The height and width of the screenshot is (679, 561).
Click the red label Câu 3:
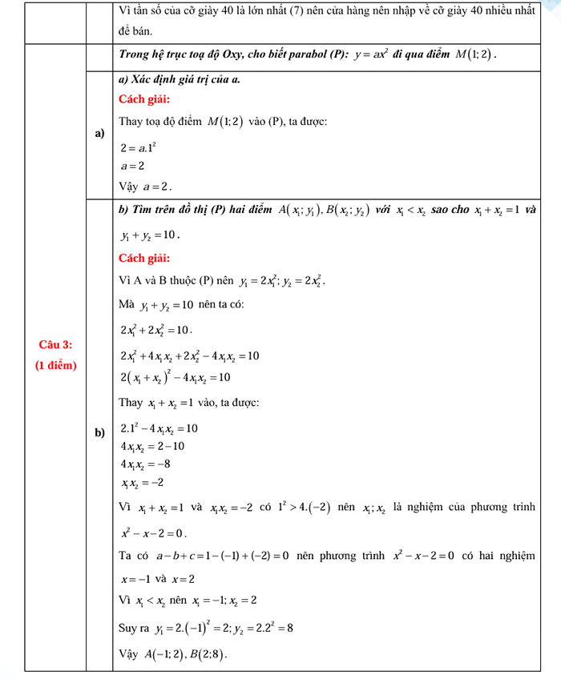pyautogui.click(x=55, y=344)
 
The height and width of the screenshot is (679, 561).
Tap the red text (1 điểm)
pyautogui.click(x=55, y=365)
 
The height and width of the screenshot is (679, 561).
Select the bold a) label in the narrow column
pyautogui.click(x=99, y=133)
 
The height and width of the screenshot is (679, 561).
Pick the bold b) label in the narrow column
pyautogui.click(x=99, y=433)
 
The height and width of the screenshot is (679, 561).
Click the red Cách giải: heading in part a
pyautogui.click(x=143, y=99)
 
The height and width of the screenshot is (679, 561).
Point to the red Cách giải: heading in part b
pyautogui.click(x=143, y=258)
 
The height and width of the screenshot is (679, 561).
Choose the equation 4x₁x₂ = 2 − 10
pyautogui.click(x=152, y=445)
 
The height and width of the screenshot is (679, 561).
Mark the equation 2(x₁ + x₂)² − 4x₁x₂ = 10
pyautogui.click(x=176, y=377)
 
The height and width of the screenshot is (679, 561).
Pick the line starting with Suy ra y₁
pyautogui.click(x=205, y=629)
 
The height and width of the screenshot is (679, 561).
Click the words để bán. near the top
pyautogui.click(x=133, y=31)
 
